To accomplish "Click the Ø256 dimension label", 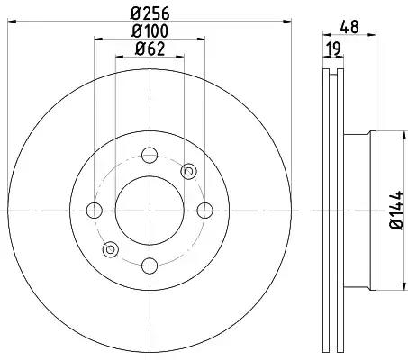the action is (x=150, y=13).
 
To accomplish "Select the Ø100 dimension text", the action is (x=150, y=31).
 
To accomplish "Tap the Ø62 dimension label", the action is (x=150, y=49).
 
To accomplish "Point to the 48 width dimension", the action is (x=349, y=27).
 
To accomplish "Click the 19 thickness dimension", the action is (x=333, y=49).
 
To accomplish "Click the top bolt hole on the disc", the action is (x=150, y=156).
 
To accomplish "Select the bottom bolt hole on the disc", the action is (x=150, y=265).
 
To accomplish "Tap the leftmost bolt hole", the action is (x=95, y=211).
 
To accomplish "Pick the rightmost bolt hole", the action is (x=205, y=211).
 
